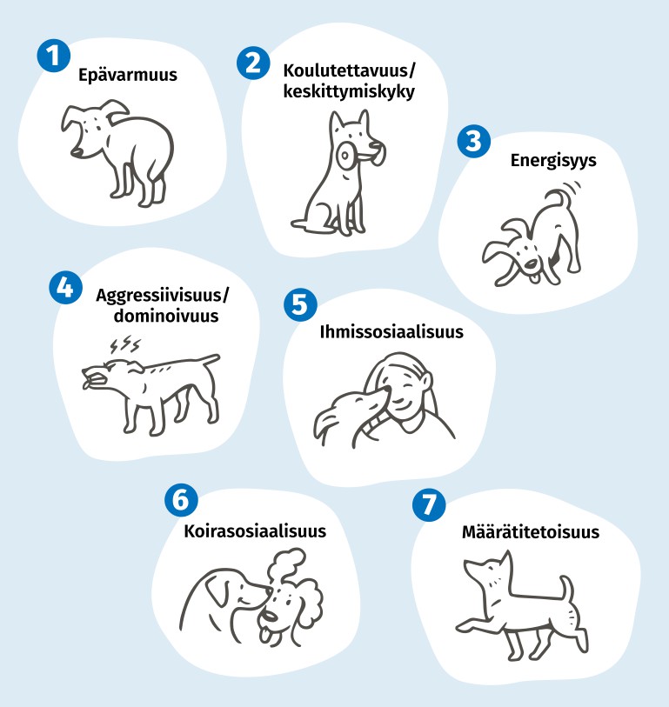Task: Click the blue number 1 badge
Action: pos(54,56)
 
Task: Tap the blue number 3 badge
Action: pos(473,141)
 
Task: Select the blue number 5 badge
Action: pos(300,304)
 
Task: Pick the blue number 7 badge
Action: pos(429,505)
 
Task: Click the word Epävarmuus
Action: pos(128,75)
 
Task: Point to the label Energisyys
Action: pos(553,161)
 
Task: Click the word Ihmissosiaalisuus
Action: pos(391,332)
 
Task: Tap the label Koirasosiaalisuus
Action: pos(255,531)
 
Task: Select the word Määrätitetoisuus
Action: pos(531,532)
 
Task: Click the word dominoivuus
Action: pos(166,316)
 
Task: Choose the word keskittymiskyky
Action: pos(349,91)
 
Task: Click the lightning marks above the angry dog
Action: pos(125,345)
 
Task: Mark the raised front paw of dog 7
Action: pos(467,626)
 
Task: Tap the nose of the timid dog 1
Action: pos(77,153)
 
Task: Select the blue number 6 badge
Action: pos(181,500)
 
